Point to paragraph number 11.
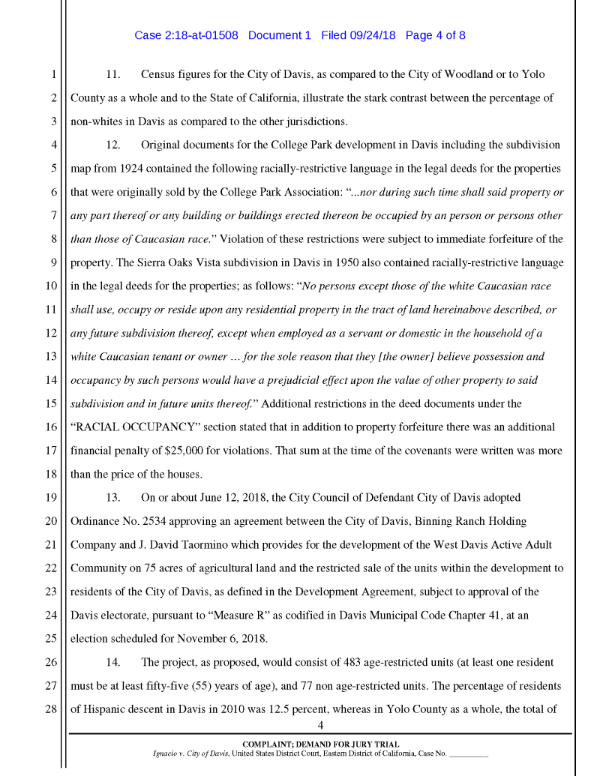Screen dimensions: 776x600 (113, 75)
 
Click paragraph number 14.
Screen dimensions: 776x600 (113, 662)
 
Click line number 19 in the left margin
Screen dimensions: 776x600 (52, 498)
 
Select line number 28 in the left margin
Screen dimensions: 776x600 (52, 709)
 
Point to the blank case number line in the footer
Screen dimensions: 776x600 (468, 753)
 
